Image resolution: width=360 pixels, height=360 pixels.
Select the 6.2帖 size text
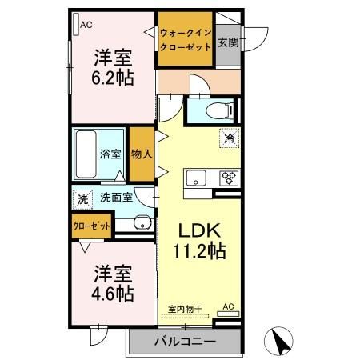[113, 78]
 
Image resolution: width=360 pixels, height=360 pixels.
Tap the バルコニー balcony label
[185, 342]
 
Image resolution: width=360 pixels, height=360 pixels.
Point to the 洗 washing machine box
[82, 198]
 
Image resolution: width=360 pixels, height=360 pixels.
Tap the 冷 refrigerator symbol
[229, 138]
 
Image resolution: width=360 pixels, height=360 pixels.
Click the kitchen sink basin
[196, 177]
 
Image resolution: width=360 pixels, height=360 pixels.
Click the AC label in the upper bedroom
[86, 24]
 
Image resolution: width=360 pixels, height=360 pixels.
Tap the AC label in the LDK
[228, 306]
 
